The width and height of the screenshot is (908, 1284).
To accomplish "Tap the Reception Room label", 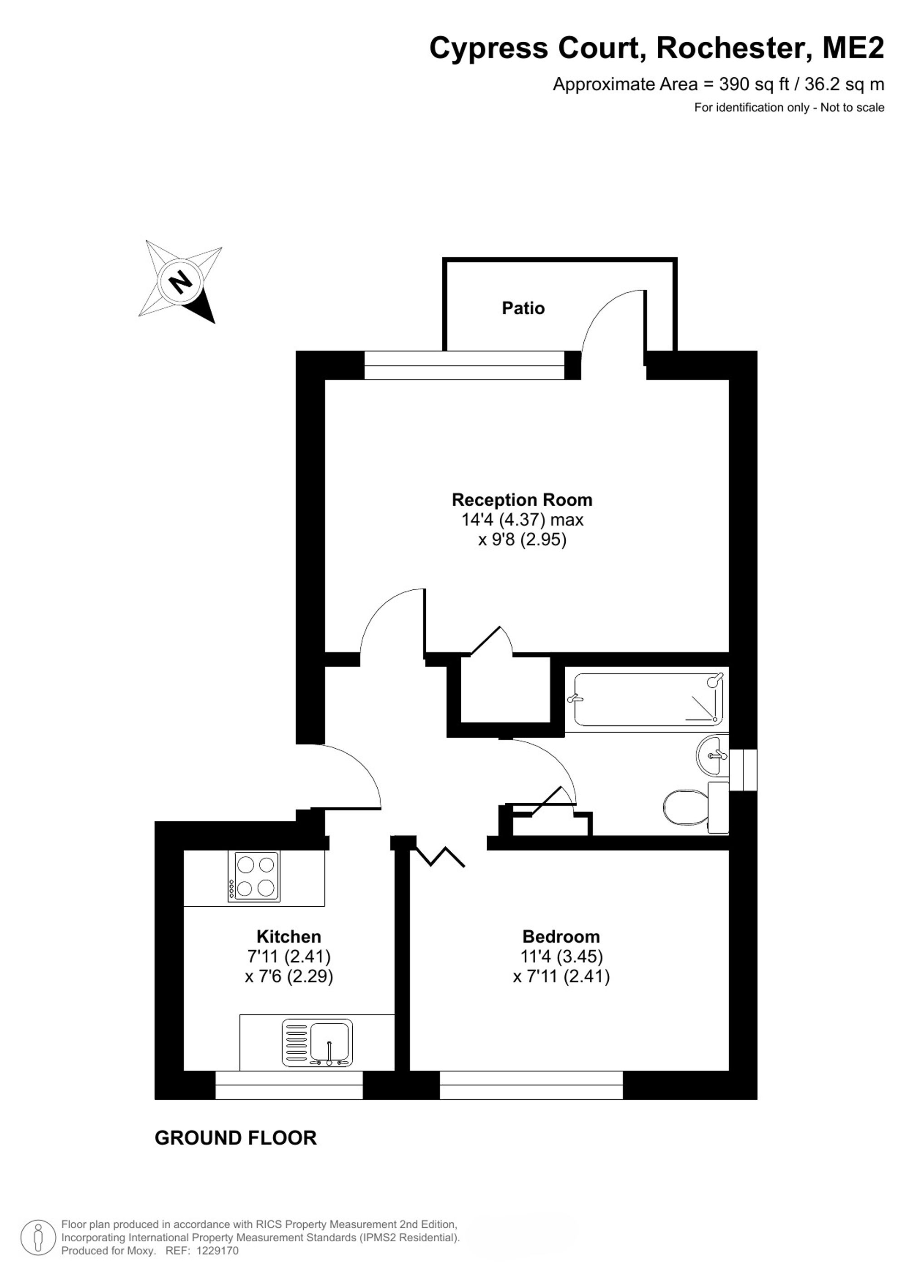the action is click(x=522, y=499).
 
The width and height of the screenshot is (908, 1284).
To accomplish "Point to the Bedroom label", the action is click(x=561, y=936).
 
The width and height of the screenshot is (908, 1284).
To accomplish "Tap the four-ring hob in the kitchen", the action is click(x=254, y=876).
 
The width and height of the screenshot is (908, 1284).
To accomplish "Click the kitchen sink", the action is click(x=318, y=1042).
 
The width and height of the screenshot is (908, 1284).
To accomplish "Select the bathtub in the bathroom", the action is click(x=648, y=699).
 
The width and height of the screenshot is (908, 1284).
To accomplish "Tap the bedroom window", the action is click(x=531, y=1086).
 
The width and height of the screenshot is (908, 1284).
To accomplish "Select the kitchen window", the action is click(x=289, y=1086).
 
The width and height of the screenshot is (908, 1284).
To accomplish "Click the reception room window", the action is click(x=464, y=365).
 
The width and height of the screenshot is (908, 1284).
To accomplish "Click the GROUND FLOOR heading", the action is click(x=235, y=1138).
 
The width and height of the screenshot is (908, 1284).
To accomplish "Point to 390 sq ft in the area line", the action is click(x=754, y=84).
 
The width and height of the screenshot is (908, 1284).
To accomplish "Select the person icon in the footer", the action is click(x=38, y=1237).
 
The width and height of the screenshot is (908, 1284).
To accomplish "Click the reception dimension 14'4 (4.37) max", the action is click(x=522, y=519).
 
